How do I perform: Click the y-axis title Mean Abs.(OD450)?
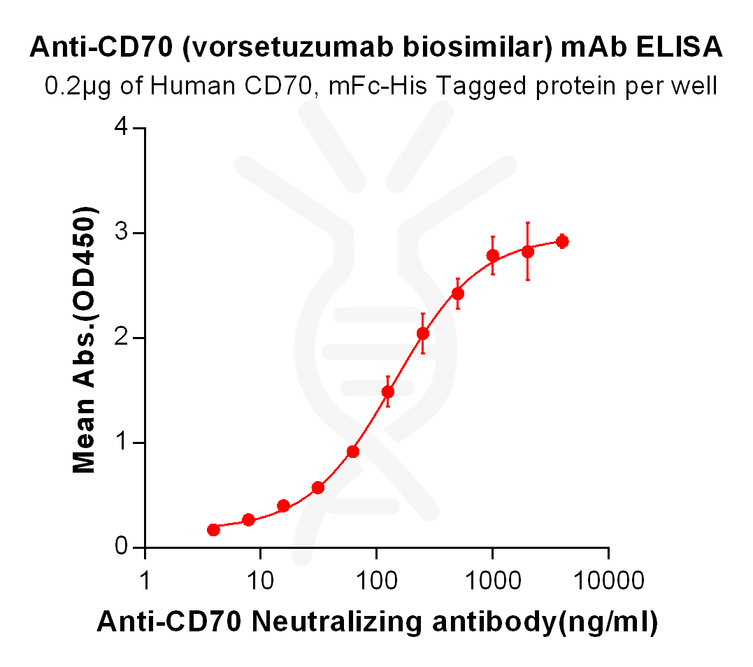[86, 340]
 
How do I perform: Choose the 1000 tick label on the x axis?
[492, 580]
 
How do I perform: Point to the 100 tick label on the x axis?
[376, 580]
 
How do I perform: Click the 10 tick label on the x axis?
[260, 580]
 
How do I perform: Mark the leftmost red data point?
[214, 530]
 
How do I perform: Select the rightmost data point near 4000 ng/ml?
[561, 242]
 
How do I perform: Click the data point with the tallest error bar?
[528, 252]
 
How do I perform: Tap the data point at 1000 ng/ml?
[493, 255]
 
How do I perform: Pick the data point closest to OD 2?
[423, 333]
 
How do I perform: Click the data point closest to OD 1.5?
[388, 392]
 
